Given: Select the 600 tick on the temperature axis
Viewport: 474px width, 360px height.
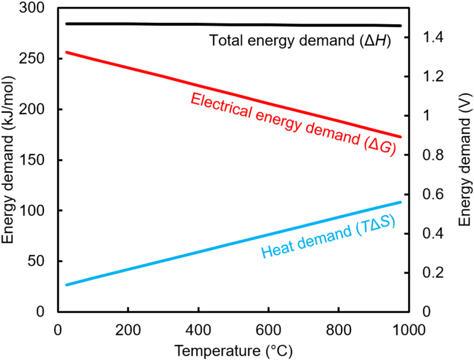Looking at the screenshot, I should (268, 329).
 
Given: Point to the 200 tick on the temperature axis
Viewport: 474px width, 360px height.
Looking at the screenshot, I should (128, 329).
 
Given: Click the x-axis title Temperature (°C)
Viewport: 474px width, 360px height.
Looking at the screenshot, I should (233, 351).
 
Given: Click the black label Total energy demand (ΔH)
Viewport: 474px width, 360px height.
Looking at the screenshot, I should (300, 41).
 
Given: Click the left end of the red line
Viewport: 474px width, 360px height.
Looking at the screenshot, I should (65, 52).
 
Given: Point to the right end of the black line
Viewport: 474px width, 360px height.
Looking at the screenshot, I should (401, 26).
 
